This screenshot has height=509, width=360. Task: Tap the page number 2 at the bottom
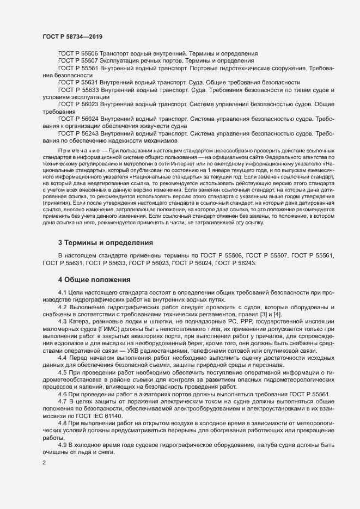[44, 464]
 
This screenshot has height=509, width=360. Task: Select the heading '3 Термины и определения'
[105, 242]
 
